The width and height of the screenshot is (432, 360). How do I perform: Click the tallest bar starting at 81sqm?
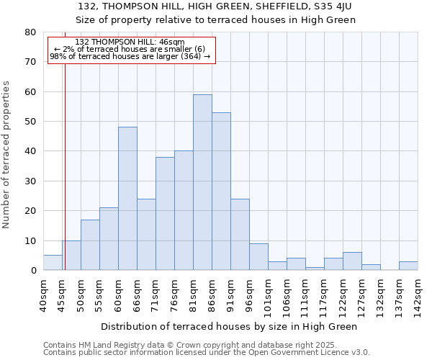[x=202, y=182]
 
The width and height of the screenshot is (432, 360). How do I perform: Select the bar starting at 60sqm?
[x=127, y=199]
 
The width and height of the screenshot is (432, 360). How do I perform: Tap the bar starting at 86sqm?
[x=221, y=192]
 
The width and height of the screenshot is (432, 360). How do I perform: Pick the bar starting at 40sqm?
[x=53, y=263]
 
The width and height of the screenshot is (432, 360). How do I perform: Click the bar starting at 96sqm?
[x=258, y=257]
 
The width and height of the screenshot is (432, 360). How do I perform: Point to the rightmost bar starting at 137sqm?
[x=408, y=266]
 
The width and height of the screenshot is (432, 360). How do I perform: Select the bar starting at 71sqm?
[x=165, y=214]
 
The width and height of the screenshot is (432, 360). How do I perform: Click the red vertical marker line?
[x=65, y=166]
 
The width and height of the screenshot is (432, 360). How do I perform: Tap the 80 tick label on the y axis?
[x=30, y=32]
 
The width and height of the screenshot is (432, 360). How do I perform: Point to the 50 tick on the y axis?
[x=30, y=122]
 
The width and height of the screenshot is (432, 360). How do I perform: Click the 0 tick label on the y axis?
[x=32, y=271]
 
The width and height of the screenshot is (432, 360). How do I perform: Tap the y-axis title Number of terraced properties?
[x=6, y=154]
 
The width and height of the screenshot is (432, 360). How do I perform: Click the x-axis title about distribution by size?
[x=229, y=326]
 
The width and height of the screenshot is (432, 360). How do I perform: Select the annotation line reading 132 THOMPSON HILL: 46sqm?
[x=130, y=42]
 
